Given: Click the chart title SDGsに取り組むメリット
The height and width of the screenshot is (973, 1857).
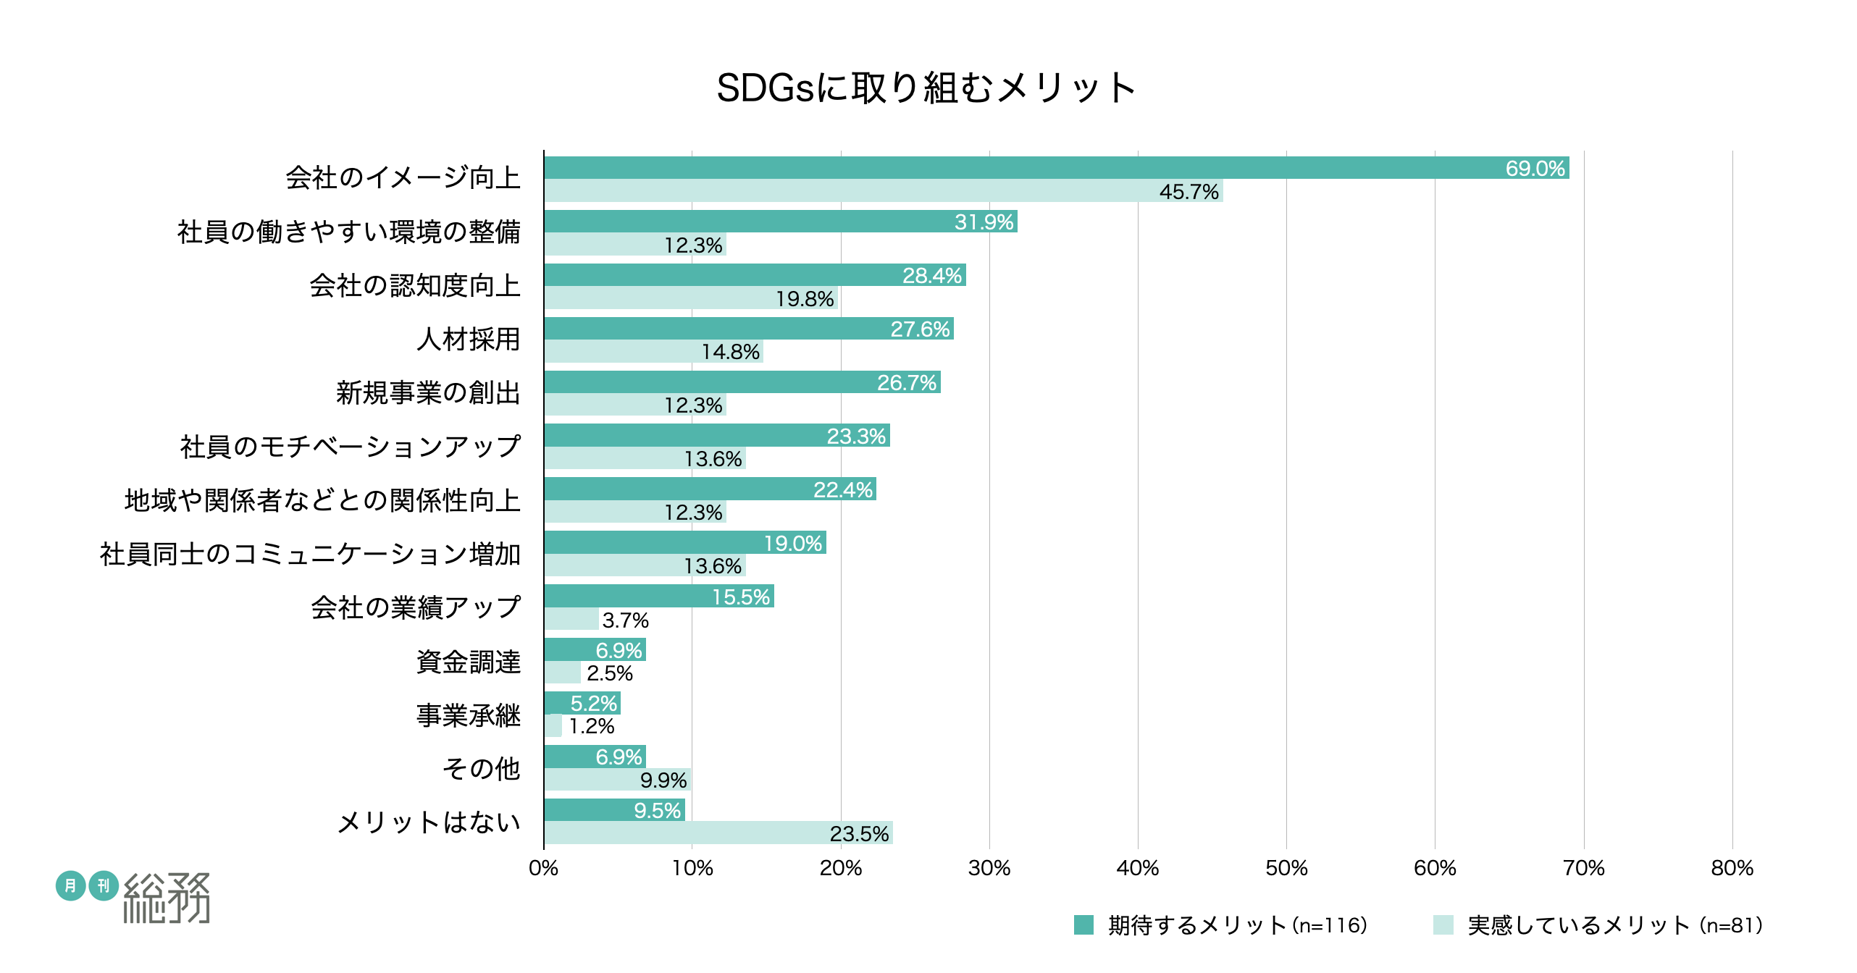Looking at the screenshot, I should [926, 88].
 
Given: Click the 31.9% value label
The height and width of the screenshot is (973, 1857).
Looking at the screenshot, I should [984, 222].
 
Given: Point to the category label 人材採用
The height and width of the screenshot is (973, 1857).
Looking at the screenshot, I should [468, 339].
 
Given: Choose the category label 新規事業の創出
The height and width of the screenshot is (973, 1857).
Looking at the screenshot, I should [428, 392].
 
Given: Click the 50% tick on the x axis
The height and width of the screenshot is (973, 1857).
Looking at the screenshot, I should [1286, 868].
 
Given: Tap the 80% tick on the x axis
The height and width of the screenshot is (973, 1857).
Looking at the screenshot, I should [1732, 868].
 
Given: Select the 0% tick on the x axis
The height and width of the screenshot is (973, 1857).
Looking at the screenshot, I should [543, 868].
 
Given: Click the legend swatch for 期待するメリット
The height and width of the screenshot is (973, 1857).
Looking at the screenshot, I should [1083, 924].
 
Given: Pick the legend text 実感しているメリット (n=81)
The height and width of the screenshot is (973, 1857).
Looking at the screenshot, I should [1615, 924].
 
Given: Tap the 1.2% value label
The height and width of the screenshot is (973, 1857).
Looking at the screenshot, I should [592, 726].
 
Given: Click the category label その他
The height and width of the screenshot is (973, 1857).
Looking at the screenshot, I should [481, 768].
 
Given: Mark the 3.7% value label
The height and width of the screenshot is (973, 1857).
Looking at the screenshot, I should [625, 620].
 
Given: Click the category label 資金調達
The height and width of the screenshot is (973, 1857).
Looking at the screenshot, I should [468, 662].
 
